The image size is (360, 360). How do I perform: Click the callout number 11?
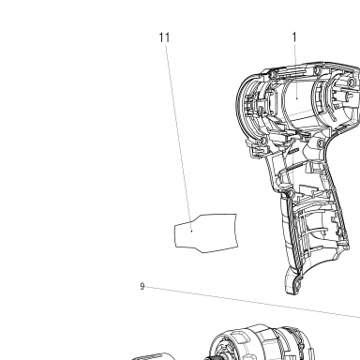coord(165,37)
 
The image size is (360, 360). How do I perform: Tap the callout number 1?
coord(294,37)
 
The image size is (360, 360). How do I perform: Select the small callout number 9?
coord(142,286)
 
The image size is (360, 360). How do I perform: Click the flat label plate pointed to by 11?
coord(205,233)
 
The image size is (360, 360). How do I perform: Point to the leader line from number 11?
coord(178,137)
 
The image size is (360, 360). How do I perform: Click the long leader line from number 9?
coord(252,302)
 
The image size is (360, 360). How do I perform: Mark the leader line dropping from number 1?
coord(295,70)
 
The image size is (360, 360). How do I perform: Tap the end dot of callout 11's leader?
coord(192,232)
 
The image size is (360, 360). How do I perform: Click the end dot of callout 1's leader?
coord(297,98)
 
